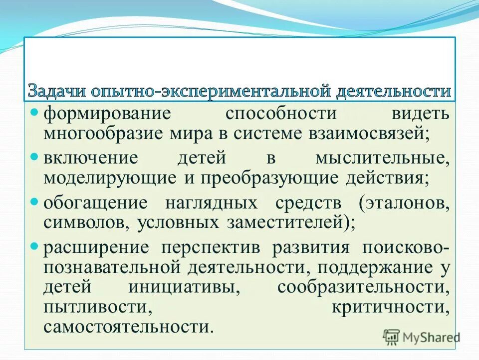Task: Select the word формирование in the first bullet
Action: (107, 113)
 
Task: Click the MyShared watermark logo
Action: (422, 336)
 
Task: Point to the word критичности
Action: (391, 307)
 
